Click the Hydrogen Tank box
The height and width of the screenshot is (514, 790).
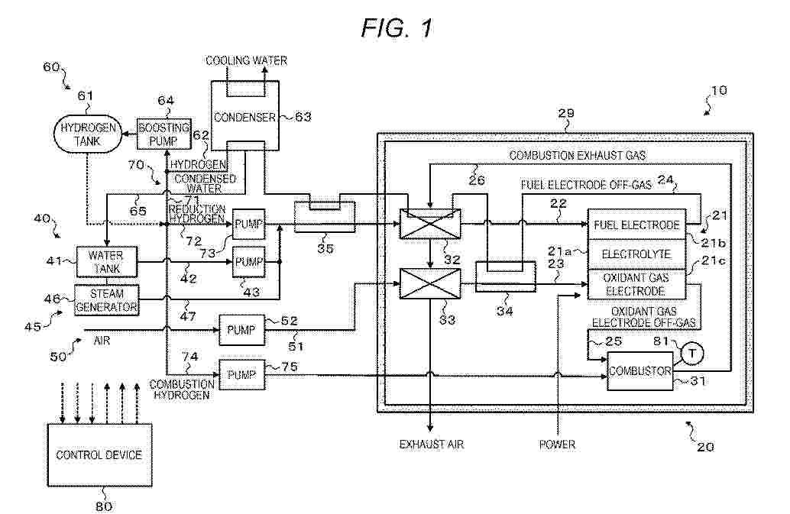(79, 136)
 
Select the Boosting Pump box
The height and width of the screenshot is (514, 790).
(159, 134)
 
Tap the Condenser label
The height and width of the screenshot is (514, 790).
(241, 117)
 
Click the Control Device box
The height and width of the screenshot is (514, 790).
(99, 455)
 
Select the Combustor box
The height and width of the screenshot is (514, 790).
(639, 372)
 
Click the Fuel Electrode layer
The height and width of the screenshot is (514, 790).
(636, 225)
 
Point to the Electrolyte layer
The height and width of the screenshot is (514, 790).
(636, 253)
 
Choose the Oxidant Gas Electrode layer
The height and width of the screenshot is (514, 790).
(636, 284)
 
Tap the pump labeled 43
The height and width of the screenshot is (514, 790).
(249, 261)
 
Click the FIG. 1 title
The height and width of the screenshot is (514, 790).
(397, 29)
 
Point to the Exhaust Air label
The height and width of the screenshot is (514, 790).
(432, 443)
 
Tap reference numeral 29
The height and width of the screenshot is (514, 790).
(566, 113)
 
